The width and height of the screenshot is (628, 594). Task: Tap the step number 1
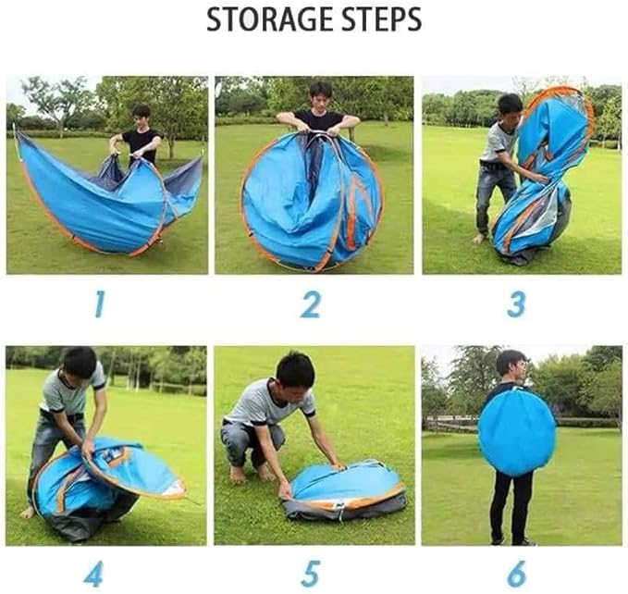pyautogui.click(x=100, y=304)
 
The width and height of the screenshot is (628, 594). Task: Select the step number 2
pyautogui.click(x=311, y=304)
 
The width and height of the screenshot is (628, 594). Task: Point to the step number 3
pyautogui.click(x=516, y=304)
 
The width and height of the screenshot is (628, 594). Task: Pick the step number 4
pyautogui.click(x=93, y=574)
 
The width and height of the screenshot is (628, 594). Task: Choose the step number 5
pyautogui.click(x=311, y=574)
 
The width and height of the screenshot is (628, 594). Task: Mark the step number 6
pyautogui.click(x=516, y=574)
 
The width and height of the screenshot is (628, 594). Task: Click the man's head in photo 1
pyautogui.click(x=141, y=115)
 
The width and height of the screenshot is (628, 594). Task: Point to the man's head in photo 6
pyautogui.click(x=511, y=363)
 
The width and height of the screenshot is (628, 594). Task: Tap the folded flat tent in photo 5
pyautogui.click(x=345, y=490)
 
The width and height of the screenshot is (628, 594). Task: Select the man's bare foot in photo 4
pyautogui.click(x=28, y=513)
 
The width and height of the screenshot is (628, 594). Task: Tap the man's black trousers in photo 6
pyautogui.click(x=511, y=506)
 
